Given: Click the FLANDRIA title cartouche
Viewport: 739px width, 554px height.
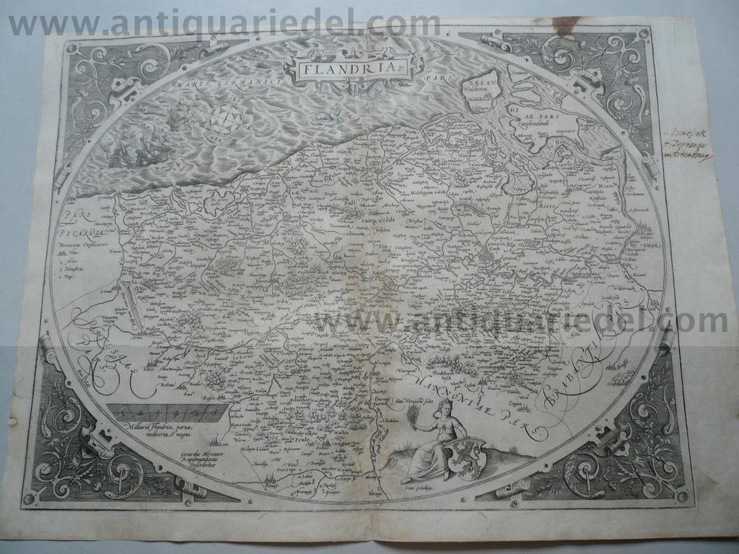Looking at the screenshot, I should click(349, 69).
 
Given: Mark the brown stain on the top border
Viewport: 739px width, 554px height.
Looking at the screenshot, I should click(569, 25).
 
